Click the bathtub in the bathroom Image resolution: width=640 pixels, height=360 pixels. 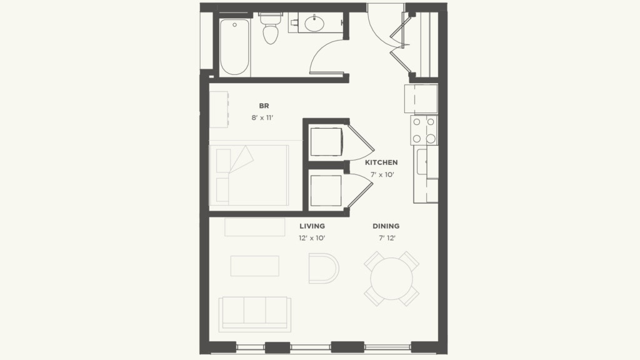click(235, 47)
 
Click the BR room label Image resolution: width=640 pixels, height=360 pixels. click(264, 106)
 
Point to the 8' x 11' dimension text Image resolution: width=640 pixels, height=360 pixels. click(264, 117)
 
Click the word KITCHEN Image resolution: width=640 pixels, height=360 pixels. click(381, 162)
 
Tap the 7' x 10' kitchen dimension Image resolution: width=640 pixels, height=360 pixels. click(381, 174)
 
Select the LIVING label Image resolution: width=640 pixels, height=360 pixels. click(312, 226)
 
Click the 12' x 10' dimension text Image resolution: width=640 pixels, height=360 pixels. click(312, 238)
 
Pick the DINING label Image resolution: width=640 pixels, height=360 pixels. click(386, 226)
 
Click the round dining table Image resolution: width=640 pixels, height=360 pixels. click(391, 279)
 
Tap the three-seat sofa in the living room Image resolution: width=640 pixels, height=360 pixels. click(254, 312)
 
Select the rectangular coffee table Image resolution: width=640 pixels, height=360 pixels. click(254, 266)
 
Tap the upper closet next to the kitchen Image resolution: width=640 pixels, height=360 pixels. click(326, 141)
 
